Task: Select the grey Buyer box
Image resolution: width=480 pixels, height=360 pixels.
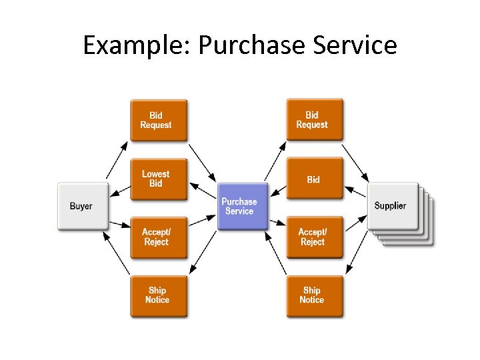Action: (x=82, y=206)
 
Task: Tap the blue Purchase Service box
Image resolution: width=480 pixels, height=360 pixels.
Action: (x=239, y=206)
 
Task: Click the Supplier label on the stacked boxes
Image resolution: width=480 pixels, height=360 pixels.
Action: (x=391, y=205)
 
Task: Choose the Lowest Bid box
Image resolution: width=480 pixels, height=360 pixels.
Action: (x=158, y=179)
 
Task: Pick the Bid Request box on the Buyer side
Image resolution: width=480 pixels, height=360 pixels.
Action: (x=158, y=121)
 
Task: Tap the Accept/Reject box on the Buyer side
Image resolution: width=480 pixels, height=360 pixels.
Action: (x=158, y=237)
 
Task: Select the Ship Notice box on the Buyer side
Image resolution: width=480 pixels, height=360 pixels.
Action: (x=158, y=295)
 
